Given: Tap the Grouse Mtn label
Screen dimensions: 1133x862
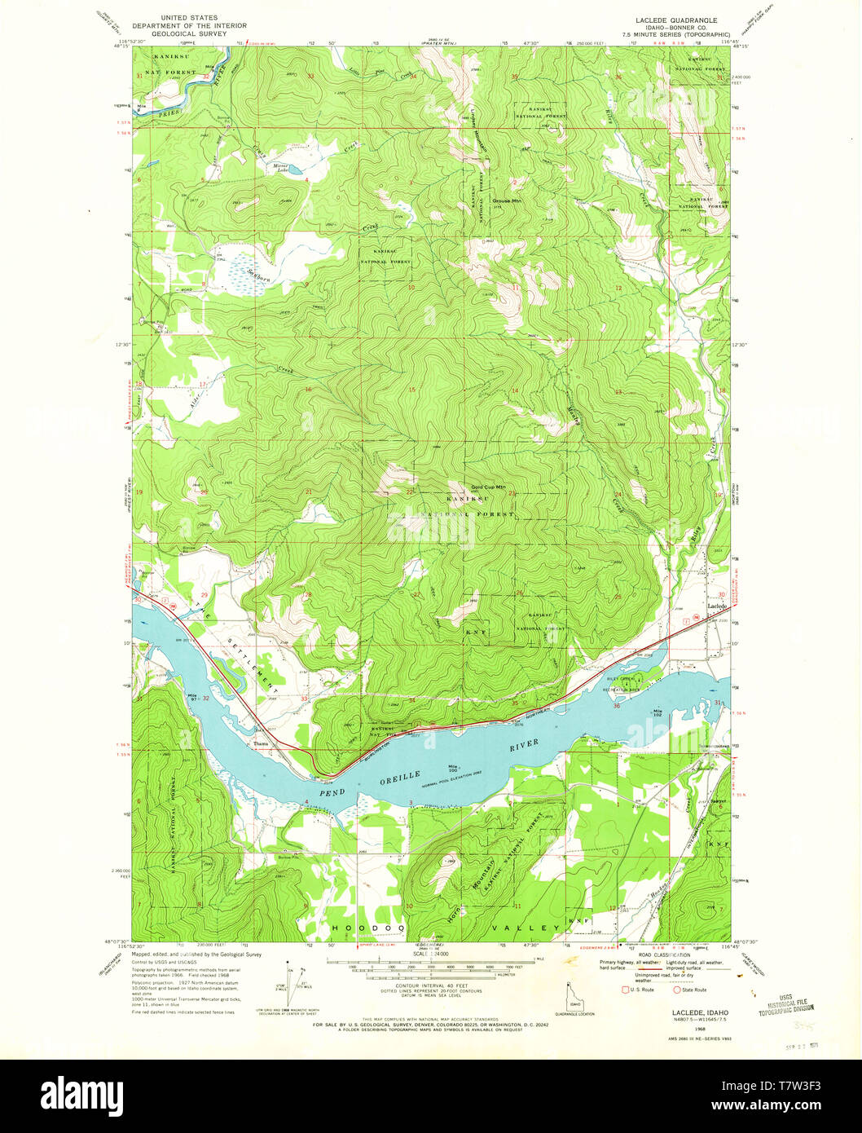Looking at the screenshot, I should coord(506,200).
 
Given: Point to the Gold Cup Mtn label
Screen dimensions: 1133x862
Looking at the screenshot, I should coord(488,487).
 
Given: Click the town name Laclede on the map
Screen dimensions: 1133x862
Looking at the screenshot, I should coord(716,607).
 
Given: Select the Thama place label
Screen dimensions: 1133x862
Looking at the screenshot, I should coord(261,743).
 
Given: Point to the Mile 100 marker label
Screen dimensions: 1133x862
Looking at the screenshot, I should coord(453,768).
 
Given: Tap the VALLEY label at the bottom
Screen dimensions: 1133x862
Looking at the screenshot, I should coord(526,928).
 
